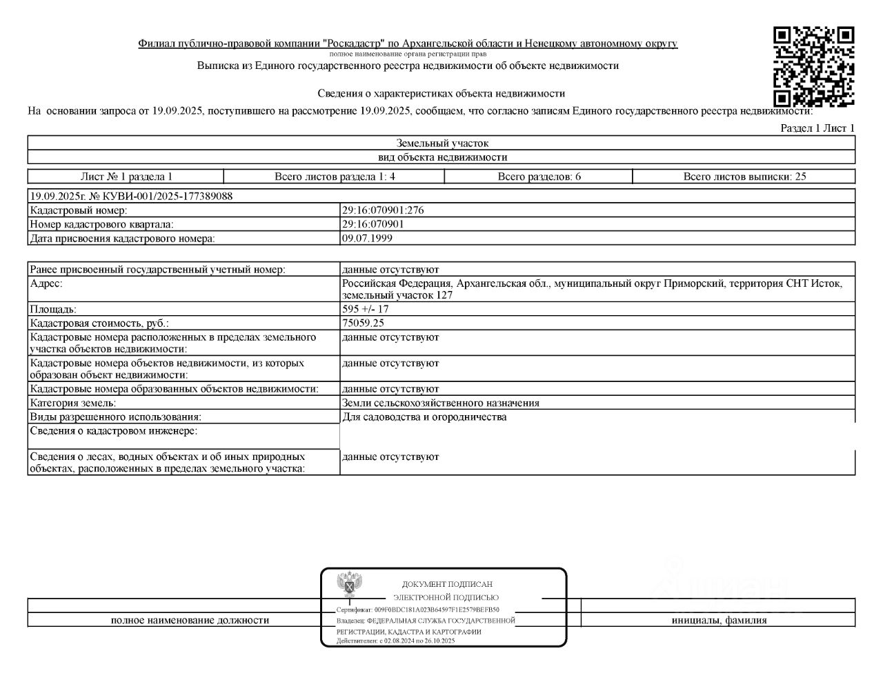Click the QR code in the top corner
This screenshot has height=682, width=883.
tap(813, 66)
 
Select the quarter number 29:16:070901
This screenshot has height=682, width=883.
tap(373, 224)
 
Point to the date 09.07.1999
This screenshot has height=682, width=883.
tap(367, 239)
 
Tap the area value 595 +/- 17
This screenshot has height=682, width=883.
tap(365, 310)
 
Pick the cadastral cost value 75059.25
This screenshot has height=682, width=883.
tap(363, 323)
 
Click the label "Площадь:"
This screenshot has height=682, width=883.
tap(53, 310)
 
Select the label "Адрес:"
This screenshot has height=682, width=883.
tap(46, 283)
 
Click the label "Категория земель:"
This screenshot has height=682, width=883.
tap(73, 403)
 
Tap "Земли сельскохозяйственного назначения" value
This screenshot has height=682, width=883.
tap(440, 403)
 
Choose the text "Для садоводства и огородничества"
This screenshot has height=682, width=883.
tap(424, 417)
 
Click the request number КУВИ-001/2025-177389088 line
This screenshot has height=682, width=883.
tap(131, 196)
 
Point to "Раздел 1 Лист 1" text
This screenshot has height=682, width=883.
tap(817, 128)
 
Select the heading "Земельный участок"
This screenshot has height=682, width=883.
tap(442, 143)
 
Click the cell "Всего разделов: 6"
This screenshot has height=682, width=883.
tap(539, 177)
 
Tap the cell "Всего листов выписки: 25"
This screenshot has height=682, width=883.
tap(744, 177)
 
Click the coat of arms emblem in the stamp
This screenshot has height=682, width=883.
tap(350, 585)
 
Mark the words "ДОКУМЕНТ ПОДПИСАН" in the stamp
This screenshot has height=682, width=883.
tap(447, 584)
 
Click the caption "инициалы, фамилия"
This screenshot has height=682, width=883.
tap(719, 620)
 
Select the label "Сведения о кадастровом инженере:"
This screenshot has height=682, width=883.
tap(114, 431)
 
